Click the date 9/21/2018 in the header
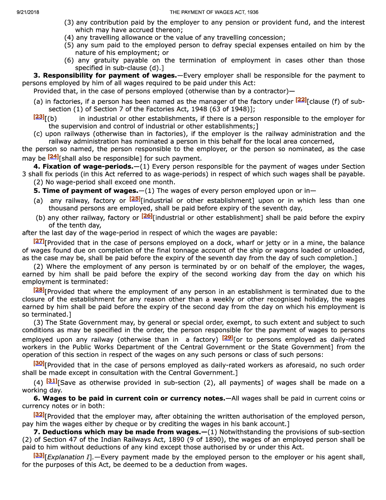[x=28, y=12]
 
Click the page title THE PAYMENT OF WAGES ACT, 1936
[x=214, y=12]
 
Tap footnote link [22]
[x=301, y=100]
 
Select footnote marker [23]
[x=39, y=117]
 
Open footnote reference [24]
[x=53, y=156]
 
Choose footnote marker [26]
[x=147, y=216]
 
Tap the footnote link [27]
[x=39, y=241]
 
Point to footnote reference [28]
[x=39, y=290]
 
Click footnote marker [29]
[x=227, y=337]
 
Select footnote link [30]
[x=39, y=363]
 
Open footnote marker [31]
[x=51, y=381]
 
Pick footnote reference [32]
[x=39, y=414]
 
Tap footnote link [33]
[x=39, y=455]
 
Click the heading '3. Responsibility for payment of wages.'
[x=105, y=75]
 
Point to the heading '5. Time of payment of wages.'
[x=86, y=191]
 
